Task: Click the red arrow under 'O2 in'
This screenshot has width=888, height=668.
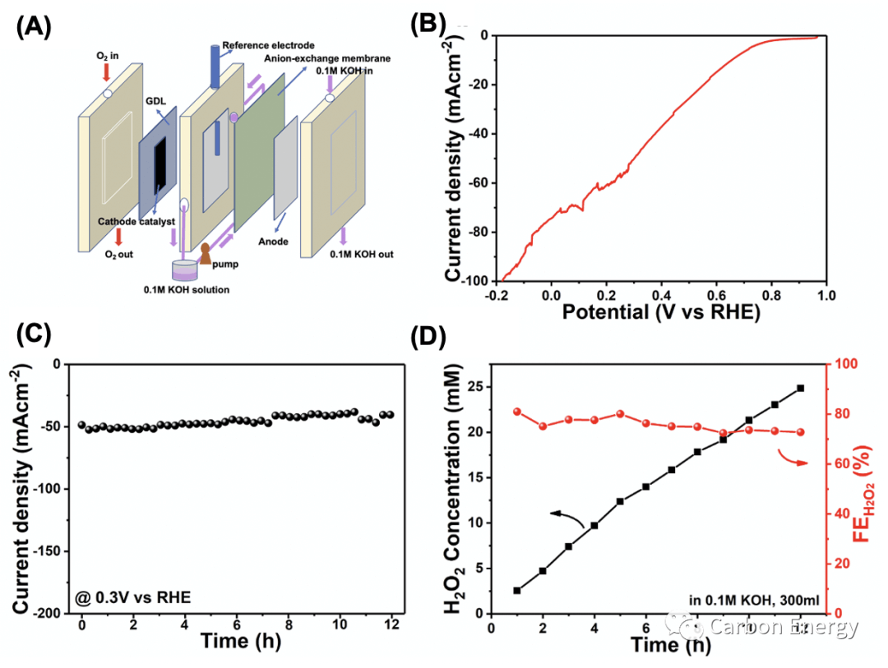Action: [x=106, y=73]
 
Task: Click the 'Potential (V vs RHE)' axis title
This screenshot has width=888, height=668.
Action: [x=662, y=313]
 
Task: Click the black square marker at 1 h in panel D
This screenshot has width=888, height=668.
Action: [x=516, y=590]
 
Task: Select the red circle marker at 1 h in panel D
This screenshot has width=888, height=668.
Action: [x=516, y=412]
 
